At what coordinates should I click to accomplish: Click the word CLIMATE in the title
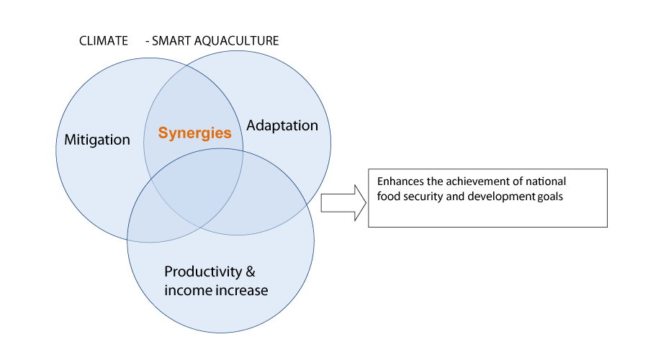[x=103, y=41]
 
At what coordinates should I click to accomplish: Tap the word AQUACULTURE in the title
[x=236, y=41]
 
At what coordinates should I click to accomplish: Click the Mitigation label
[x=97, y=140]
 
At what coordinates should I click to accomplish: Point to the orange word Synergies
[x=194, y=133]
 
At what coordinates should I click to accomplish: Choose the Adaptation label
[x=282, y=126]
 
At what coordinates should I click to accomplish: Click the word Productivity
[x=203, y=272]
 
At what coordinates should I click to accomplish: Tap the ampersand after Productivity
[x=251, y=271]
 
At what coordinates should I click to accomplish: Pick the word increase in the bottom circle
[x=236, y=290]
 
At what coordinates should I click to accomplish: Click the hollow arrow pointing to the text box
[x=343, y=203]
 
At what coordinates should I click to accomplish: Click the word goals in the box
[x=550, y=197]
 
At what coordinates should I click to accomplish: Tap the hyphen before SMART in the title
[x=148, y=42]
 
